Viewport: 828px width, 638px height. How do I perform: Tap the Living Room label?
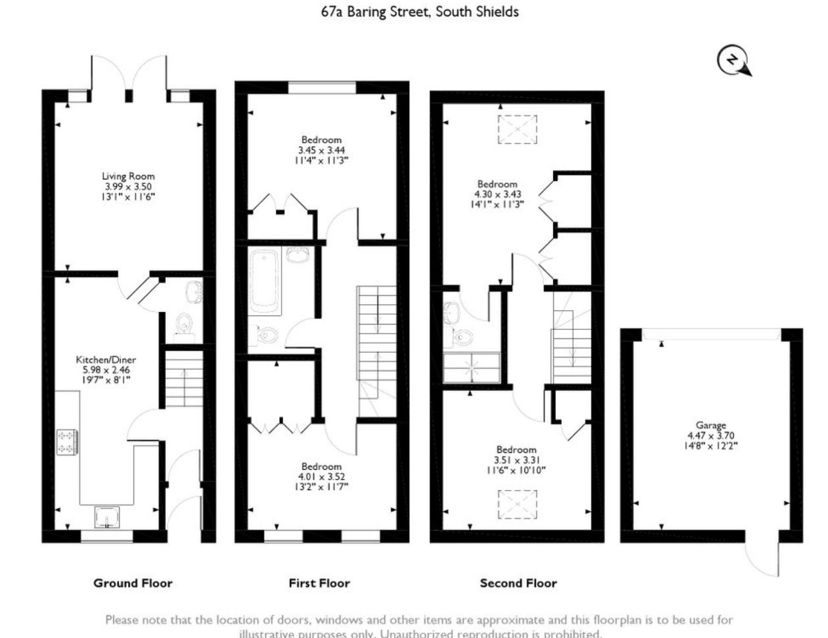pyautogui.click(x=128, y=176)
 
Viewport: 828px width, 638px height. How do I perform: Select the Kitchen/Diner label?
pyautogui.click(x=106, y=359)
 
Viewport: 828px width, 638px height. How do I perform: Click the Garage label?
pyautogui.click(x=710, y=425)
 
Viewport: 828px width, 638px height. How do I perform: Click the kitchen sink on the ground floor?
pyautogui.click(x=107, y=517)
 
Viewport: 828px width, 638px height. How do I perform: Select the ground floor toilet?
pyautogui.click(x=183, y=324)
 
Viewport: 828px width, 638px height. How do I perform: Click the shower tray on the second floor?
pyautogui.click(x=472, y=368)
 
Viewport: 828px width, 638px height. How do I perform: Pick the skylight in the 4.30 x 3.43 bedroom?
pyautogui.click(x=518, y=129)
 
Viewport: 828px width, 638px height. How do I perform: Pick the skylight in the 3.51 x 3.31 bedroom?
pyautogui.click(x=518, y=505)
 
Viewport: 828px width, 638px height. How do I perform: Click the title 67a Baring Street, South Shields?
pyautogui.click(x=420, y=12)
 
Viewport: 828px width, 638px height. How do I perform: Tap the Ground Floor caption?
pyautogui.click(x=133, y=583)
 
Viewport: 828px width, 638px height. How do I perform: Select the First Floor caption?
pyautogui.click(x=319, y=583)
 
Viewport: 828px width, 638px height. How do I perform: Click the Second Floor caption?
pyautogui.click(x=518, y=583)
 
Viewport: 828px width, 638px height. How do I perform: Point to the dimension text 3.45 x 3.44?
pyautogui.click(x=322, y=150)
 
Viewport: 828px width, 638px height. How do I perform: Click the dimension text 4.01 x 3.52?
pyautogui.click(x=322, y=476)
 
